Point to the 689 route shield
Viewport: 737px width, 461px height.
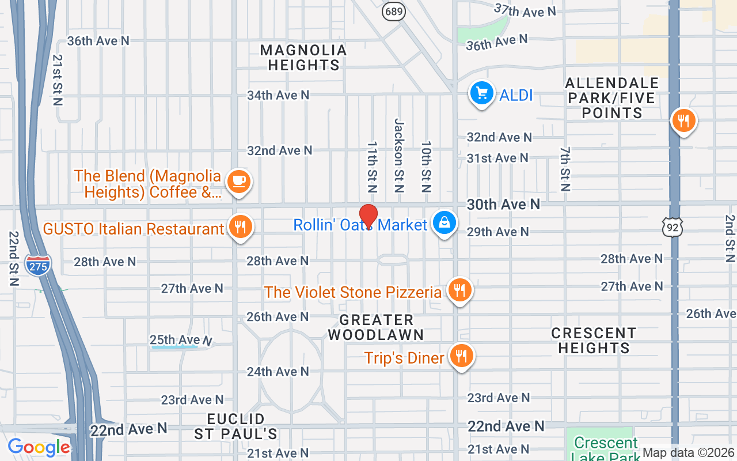click(395, 11)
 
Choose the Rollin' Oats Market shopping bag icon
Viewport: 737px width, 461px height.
click(445, 223)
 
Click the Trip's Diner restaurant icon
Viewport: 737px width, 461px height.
click(461, 356)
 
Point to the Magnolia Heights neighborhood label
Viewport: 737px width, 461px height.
click(303, 58)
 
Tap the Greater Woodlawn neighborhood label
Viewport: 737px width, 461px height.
click(376, 327)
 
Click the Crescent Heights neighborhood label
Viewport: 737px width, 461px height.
click(594, 341)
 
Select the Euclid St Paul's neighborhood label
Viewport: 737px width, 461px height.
click(236, 426)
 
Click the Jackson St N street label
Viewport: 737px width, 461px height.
click(399, 155)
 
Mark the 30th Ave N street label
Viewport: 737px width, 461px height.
click(503, 205)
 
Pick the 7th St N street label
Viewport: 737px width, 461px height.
click(565, 169)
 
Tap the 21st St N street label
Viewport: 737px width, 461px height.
click(57, 80)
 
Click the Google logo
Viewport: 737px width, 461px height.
click(39, 447)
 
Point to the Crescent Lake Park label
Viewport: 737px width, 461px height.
click(606, 447)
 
